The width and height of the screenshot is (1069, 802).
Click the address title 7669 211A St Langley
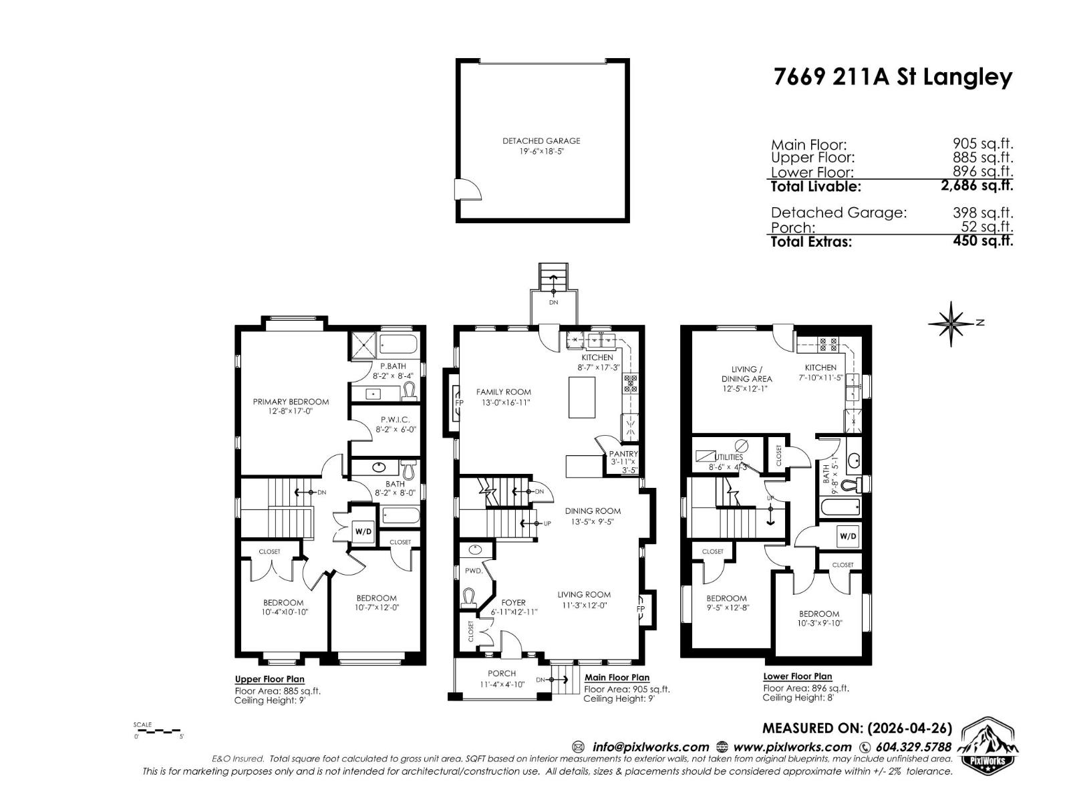coord(893,78)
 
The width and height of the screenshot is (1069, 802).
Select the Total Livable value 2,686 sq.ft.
coord(976,186)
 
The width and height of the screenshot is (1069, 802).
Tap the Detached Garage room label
coord(541,141)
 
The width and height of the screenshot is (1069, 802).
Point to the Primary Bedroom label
coord(291,402)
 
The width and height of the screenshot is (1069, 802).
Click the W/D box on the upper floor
coord(363,532)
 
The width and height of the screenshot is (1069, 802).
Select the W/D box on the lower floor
coord(848,536)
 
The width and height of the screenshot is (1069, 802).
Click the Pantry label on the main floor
coord(623,454)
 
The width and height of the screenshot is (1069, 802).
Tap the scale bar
coord(158,731)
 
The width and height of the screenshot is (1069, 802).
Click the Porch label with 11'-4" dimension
coord(502,674)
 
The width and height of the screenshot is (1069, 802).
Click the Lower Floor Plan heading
coord(798,676)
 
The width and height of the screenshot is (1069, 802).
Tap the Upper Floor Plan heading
coord(269,679)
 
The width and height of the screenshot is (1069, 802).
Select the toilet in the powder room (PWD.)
coord(469,597)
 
